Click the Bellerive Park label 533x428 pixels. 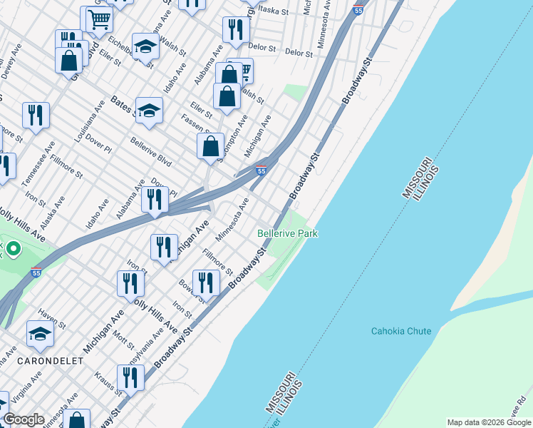(287, 233)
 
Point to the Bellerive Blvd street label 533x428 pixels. (152, 151)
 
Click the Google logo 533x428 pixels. (24, 419)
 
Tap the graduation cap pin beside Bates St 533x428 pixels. (150, 110)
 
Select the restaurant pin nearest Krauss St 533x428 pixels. (130, 377)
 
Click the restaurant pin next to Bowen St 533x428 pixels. (205, 282)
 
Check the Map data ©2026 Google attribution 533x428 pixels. (488, 422)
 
